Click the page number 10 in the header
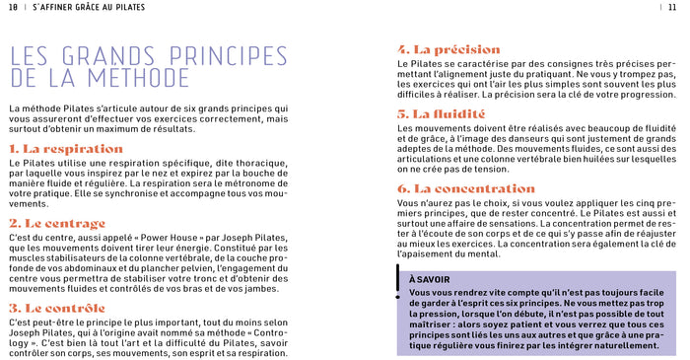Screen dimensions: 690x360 (x=13, y=7)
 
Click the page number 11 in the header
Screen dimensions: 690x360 (x=671, y=7)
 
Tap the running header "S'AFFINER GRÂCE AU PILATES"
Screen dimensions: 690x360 (x=89, y=7)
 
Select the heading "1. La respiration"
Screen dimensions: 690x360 (x=66, y=148)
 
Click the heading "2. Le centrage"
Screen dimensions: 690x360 (x=57, y=224)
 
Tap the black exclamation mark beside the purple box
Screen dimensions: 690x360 (x=398, y=283)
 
